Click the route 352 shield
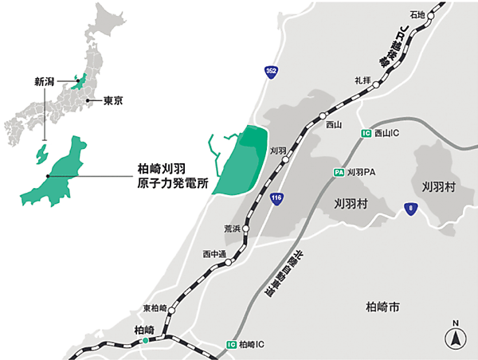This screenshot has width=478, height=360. (x=272, y=72)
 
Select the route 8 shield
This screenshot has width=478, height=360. (x=409, y=209)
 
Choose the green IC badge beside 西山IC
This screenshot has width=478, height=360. (x=366, y=133)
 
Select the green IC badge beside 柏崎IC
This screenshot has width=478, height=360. (x=231, y=345)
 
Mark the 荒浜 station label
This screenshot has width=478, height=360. (x=231, y=228)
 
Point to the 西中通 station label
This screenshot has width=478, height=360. (x=214, y=254)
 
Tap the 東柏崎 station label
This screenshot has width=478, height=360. (x=155, y=308)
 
